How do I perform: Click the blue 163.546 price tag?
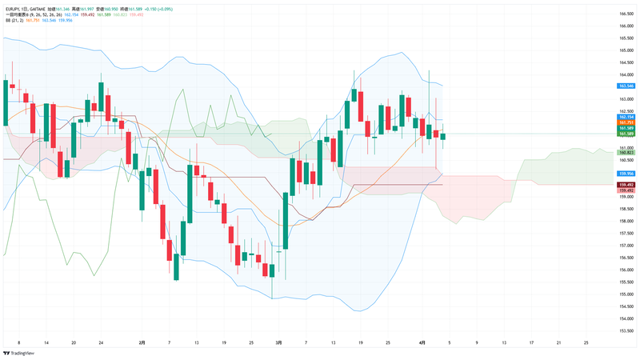click(626, 86)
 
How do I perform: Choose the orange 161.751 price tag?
click(626, 122)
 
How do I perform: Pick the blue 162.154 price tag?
click(626, 117)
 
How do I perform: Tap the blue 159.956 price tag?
click(626, 173)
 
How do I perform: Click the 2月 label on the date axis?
click(142, 342)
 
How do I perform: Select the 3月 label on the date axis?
click(278, 342)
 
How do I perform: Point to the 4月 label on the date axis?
click(423, 342)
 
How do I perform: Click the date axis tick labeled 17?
click(531, 342)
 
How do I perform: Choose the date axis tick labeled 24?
click(101, 342)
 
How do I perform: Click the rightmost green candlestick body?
click(443, 136)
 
